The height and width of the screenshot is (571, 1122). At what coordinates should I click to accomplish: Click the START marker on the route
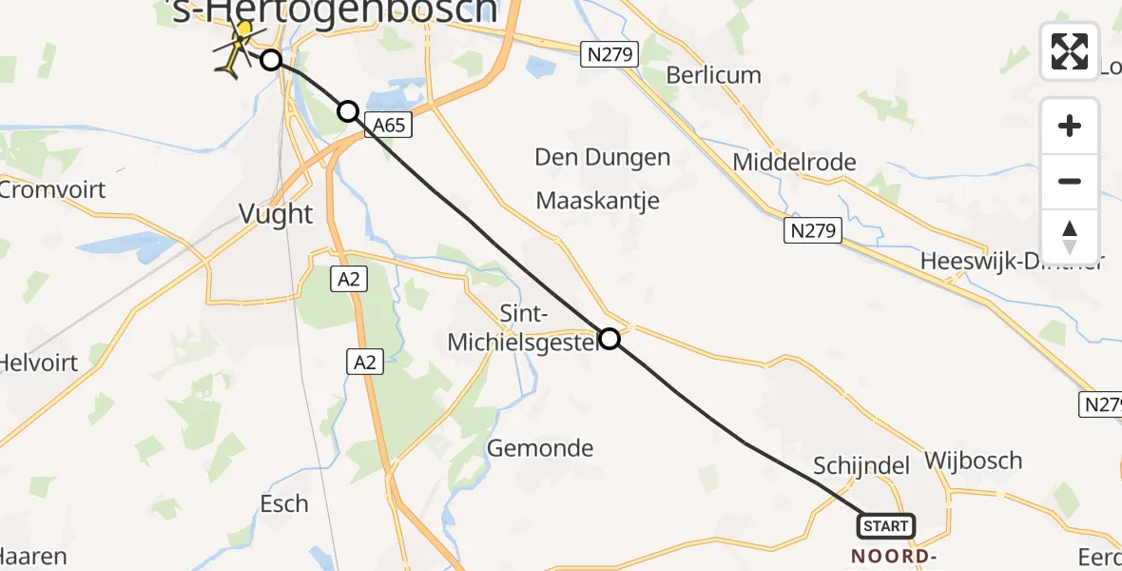pyautogui.click(x=886, y=525)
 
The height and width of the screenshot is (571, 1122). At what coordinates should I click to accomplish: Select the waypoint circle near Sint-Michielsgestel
pyautogui.click(x=609, y=339)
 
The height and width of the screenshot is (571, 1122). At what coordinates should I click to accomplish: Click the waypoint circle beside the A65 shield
pyautogui.click(x=348, y=111)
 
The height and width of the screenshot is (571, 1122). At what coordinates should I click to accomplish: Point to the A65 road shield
pyautogui.click(x=391, y=126)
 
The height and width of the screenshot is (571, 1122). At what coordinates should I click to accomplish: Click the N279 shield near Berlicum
pyautogui.click(x=609, y=54)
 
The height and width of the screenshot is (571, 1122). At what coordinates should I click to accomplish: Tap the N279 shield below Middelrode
pyautogui.click(x=813, y=229)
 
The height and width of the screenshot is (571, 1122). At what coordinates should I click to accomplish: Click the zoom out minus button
pyautogui.click(x=1070, y=181)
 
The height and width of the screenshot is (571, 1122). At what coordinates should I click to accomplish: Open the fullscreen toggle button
pyautogui.click(x=1070, y=51)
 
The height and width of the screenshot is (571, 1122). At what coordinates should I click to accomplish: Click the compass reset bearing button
pyautogui.click(x=1070, y=236)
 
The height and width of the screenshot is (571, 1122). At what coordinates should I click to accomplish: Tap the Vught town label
pyautogui.click(x=275, y=213)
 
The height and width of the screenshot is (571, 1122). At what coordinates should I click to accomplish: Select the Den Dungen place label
pyautogui.click(x=603, y=157)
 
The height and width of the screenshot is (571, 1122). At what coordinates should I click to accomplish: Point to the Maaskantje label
pyautogui.click(x=597, y=201)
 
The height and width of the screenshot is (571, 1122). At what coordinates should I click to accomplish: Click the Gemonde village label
pyautogui.click(x=540, y=447)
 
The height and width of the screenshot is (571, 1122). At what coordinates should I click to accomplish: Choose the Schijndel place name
pyautogui.click(x=861, y=465)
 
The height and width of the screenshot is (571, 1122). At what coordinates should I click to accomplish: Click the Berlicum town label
pyautogui.click(x=713, y=75)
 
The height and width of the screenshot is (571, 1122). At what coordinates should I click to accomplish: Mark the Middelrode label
pyautogui.click(x=794, y=162)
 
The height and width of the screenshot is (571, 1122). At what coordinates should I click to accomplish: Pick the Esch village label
pyautogui.click(x=284, y=502)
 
